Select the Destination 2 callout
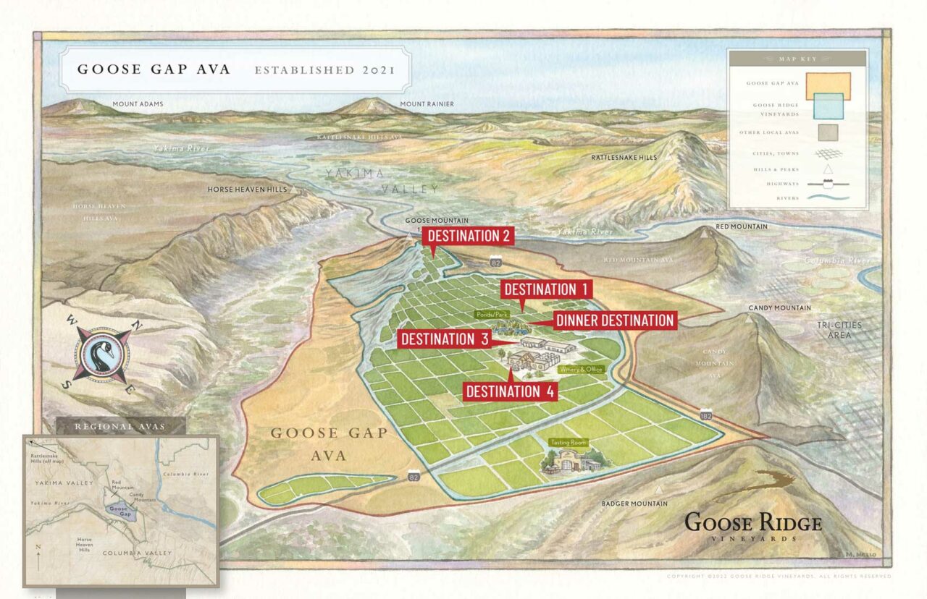pos(469,236)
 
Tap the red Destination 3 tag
pos(445,339)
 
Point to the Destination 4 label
pos(510,391)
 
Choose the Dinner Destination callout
pos(615,320)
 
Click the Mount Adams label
pos(138,104)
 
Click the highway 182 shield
pos(706,417)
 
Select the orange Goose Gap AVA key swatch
pos(827,85)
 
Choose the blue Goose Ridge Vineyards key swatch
pos(827,109)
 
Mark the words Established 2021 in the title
pos(324,70)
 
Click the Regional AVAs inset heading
pos(120,426)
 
